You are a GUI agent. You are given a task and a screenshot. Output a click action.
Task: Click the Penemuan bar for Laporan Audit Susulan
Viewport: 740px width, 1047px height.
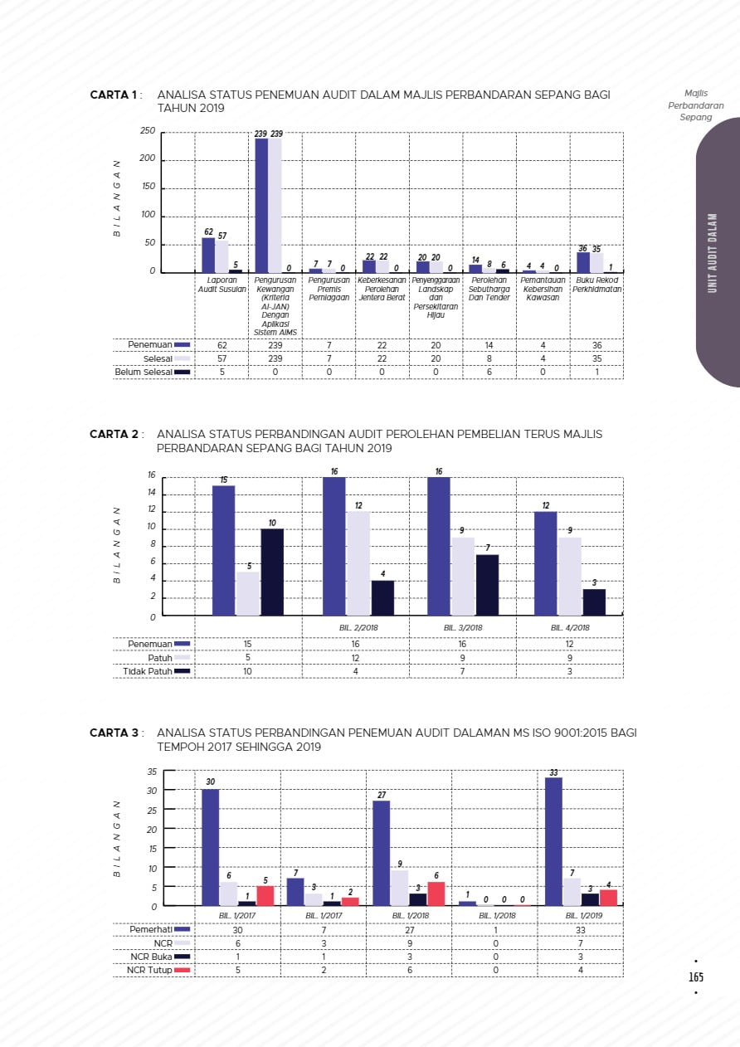click(x=208, y=255)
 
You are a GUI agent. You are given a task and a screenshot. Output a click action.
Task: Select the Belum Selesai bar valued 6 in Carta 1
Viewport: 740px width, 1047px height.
click(x=503, y=270)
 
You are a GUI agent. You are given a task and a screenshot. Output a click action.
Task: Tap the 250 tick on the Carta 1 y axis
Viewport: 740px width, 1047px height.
click(x=148, y=132)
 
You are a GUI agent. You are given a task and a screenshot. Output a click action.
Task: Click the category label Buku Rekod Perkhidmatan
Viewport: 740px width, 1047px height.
click(x=596, y=285)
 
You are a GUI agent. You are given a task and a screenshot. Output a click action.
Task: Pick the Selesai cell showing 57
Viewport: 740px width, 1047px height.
click(x=222, y=358)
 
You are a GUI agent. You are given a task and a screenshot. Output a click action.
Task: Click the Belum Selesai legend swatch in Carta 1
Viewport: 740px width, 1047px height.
click(x=182, y=373)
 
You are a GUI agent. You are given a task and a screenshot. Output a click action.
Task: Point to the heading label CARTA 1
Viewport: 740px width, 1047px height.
click(x=114, y=95)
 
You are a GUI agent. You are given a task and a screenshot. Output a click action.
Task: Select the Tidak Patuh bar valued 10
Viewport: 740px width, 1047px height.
click(x=272, y=572)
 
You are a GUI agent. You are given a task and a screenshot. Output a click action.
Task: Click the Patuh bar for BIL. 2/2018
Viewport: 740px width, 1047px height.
click(x=358, y=563)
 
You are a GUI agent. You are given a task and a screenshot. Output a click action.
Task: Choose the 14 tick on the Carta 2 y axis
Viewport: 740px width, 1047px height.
click(x=151, y=494)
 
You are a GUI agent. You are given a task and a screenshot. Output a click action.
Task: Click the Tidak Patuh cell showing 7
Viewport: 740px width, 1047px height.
click(x=462, y=671)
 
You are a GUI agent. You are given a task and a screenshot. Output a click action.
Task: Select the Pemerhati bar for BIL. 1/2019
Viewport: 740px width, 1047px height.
click(x=553, y=841)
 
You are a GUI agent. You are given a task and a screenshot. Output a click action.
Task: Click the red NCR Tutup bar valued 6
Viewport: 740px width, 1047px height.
click(x=436, y=894)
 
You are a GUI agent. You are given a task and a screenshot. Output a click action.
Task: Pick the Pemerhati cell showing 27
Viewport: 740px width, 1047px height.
click(x=409, y=930)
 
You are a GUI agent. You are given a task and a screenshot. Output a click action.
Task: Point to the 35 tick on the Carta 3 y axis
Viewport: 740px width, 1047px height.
click(x=152, y=772)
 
